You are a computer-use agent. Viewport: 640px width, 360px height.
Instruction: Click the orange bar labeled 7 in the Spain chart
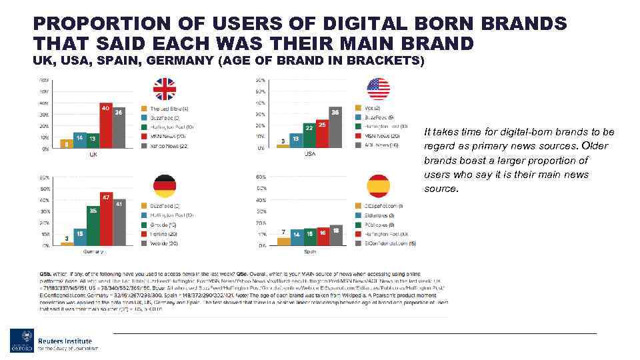pyautogui.click(x=284, y=241)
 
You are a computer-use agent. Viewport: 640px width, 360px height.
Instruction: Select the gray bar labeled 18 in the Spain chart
pyautogui.click(x=335, y=235)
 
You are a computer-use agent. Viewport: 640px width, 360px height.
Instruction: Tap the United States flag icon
pyautogui.click(x=378, y=89)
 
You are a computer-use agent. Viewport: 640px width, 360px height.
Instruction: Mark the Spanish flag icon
pyautogui.click(x=378, y=187)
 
